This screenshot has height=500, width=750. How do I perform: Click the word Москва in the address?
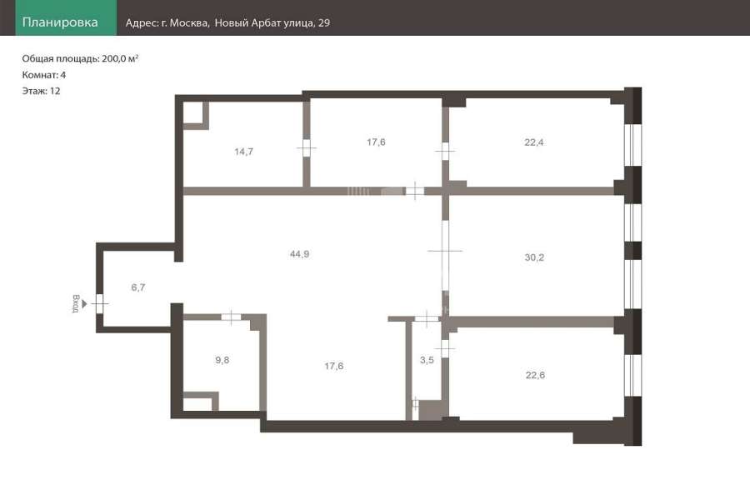point(189,23)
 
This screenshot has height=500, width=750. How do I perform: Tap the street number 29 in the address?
point(324,22)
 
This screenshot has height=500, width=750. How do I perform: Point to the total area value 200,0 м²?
point(120,58)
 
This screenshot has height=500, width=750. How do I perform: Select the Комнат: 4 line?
point(44,75)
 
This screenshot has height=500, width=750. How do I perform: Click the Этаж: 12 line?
point(41,91)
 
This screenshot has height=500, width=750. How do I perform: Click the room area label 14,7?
point(244,152)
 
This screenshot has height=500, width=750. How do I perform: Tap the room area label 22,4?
point(534,142)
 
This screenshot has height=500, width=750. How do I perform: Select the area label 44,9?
point(299,254)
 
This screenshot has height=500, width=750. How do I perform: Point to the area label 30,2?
point(534,257)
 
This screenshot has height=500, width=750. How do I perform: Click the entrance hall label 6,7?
point(138,287)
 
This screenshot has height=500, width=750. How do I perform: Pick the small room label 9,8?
point(222,360)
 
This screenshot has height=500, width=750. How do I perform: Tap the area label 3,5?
point(427,360)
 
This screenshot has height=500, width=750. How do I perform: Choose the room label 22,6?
point(535,375)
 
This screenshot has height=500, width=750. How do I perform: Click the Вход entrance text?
point(76,304)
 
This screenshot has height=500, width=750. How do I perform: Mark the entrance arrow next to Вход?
point(85,304)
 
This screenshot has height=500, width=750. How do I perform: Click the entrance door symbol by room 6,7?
point(99,304)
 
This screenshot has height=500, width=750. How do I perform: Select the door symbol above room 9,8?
point(232,317)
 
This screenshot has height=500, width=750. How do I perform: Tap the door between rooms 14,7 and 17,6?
point(306,147)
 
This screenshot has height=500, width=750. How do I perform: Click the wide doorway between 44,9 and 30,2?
point(445,251)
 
